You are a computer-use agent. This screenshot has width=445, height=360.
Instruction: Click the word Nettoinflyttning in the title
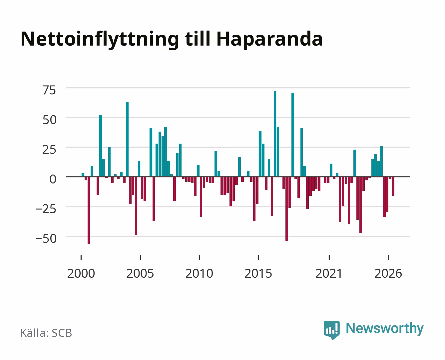(x=100, y=40)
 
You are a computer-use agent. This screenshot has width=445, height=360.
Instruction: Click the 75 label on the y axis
(x=49, y=90)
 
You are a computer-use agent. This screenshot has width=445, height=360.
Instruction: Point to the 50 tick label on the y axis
(x=49, y=120)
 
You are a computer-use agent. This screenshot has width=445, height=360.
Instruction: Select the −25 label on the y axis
(x=46, y=209)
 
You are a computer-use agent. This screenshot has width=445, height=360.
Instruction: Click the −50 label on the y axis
(x=46, y=239)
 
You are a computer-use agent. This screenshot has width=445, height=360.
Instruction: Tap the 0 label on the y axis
(x=53, y=179)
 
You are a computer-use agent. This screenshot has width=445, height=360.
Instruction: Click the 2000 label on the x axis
(x=81, y=273)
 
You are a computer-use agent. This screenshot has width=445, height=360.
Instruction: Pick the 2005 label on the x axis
(x=140, y=273)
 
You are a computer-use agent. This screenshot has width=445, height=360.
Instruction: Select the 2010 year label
(x=199, y=273)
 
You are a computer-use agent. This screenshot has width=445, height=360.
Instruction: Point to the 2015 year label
(x=258, y=273)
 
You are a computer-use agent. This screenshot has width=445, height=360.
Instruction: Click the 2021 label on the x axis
(x=329, y=273)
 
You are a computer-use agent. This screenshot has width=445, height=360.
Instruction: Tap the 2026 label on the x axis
(x=388, y=273)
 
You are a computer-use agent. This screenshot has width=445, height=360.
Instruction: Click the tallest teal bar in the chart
(x=275, y=134)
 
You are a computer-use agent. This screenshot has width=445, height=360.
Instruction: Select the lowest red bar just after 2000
(x=89, y=211)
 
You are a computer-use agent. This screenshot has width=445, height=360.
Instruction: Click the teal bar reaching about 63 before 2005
(x=127, y=139)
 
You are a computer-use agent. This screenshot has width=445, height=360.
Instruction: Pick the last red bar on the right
(x=393, y=186)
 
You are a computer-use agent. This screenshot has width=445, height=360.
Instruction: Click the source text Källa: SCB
(x=46, y=333)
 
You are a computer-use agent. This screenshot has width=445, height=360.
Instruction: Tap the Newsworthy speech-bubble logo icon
(x=332, y=330)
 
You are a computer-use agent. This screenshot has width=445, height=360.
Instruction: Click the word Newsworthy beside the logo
(x=385, y=329)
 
